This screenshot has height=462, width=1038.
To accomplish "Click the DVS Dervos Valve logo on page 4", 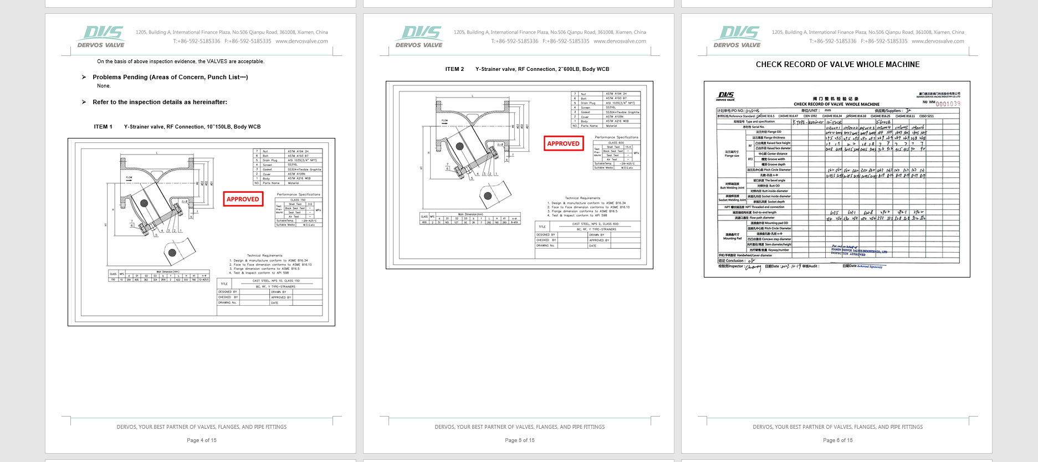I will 101,37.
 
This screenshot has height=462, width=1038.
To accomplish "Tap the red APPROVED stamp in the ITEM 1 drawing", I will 243,199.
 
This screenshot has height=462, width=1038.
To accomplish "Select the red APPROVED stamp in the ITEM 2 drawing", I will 563,143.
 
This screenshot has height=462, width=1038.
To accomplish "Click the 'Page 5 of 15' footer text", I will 519,440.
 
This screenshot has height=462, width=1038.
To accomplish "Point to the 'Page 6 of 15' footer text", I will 837,440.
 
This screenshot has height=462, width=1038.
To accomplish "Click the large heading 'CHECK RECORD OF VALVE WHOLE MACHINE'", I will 837,65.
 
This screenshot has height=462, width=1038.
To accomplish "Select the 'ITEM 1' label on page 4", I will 103,127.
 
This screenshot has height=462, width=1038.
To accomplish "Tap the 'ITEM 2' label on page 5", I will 454,69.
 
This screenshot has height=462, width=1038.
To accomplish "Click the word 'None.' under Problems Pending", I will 104,86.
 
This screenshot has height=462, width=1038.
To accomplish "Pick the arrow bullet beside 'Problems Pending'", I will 84,77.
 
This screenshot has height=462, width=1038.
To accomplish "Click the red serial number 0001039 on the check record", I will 948,104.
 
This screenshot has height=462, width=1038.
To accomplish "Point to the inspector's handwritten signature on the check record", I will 753,268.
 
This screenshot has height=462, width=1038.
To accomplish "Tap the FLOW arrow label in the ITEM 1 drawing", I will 129,178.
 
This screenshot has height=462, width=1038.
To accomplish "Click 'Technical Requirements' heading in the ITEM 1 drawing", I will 264,255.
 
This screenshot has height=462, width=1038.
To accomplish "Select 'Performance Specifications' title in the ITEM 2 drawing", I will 616,137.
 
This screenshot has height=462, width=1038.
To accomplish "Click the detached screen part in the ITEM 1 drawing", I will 177,251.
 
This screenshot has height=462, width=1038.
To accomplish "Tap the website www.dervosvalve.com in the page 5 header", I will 620,41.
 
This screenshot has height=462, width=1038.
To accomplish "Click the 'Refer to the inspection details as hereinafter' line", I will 160,102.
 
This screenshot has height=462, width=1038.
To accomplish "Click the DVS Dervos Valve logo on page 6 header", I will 738,37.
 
